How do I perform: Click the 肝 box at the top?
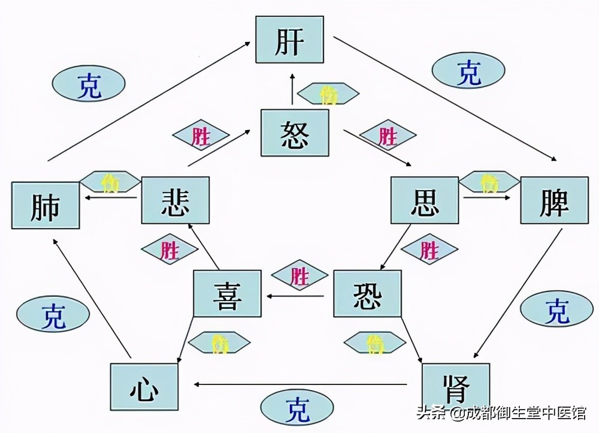289,40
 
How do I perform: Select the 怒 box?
295,133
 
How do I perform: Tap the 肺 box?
46,206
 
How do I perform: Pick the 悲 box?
176,200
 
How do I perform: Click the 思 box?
425,200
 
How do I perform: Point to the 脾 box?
554,200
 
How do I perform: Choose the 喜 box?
227,294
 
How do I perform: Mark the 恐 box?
367,294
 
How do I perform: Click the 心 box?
144,387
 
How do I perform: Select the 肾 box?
456,387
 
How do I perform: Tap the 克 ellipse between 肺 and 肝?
89,83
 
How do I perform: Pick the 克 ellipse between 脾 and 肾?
556,309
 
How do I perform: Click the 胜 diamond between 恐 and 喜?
299,276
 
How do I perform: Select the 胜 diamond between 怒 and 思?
388,137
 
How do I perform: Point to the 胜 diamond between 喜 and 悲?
170,249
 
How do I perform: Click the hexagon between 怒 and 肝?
328,94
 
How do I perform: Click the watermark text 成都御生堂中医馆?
527,413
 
